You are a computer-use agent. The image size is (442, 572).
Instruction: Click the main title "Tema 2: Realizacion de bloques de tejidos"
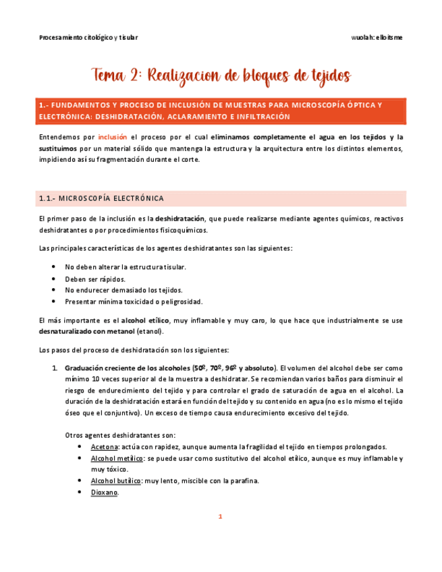coord(221,75)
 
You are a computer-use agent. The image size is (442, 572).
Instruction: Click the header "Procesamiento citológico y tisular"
coord(88,37)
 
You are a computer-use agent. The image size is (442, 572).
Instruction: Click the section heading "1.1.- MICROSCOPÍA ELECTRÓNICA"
coord(101,198)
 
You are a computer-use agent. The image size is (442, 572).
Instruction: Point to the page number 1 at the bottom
coord(220,517)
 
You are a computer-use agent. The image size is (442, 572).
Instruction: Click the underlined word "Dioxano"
coord(105,492)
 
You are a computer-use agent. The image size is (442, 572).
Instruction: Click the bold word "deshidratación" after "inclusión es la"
coord(180,219)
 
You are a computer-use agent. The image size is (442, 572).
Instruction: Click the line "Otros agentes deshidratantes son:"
coord(120,435)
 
